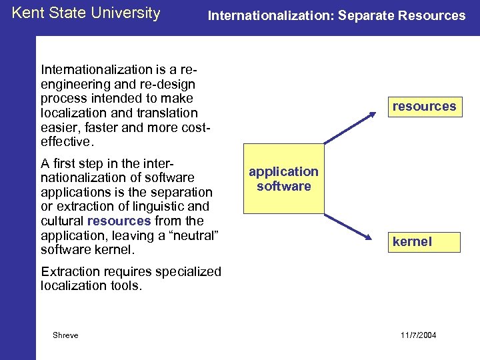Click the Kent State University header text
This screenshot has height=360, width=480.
pyautogui.click(x=86, y=13)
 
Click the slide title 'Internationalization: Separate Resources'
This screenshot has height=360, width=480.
pyautogui.click(x=337, y=15)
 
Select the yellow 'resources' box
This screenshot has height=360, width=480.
pyautogui.click(x=424, y=106)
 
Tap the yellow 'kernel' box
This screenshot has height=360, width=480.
pyautogui.click(x=424, y=242)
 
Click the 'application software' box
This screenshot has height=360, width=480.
pyautogui.click(x=283, y=179)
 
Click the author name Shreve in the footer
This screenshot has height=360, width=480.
pyautogui.click(x=65, y=335)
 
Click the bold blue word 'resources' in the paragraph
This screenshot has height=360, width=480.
pyautogui.click(x=119, y=221)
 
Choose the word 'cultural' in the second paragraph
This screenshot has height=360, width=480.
pyautogui.click(x=62, y=221)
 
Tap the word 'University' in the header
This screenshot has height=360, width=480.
pyautogui.click(x=127, y=13)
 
